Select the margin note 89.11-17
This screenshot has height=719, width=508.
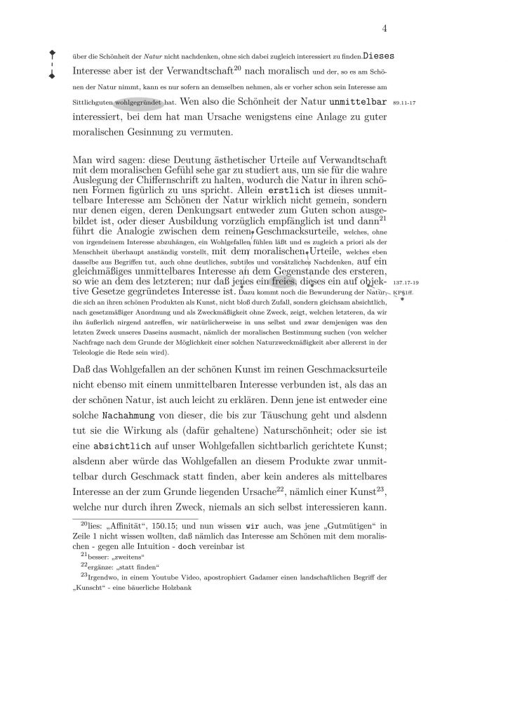click(x=404, y=103)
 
